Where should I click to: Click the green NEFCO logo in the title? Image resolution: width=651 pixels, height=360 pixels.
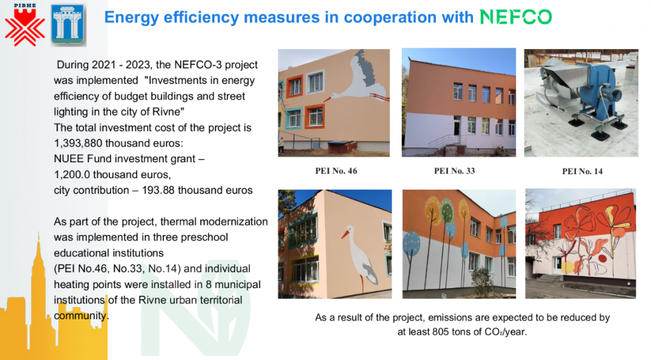click(x=516, y=17)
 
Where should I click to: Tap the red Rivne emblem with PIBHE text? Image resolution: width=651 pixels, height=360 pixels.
click(x=25, y=25)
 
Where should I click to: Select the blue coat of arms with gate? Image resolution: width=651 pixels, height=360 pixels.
click(x=67, y=25)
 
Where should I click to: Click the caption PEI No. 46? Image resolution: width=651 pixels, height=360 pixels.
click(x=336, y=171)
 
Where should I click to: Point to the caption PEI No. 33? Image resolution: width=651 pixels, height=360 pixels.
click(x=454, y=171)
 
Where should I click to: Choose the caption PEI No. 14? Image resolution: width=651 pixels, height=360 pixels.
click(x=582, y=172)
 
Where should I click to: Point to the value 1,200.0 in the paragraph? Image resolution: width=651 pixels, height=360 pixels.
click(x=72, y=174)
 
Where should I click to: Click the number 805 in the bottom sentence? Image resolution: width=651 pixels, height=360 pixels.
click(x=441, y=332)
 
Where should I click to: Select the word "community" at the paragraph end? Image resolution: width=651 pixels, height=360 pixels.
click(x=81, y=316)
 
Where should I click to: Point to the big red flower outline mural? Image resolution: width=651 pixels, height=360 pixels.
click(x=580, y=225)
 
